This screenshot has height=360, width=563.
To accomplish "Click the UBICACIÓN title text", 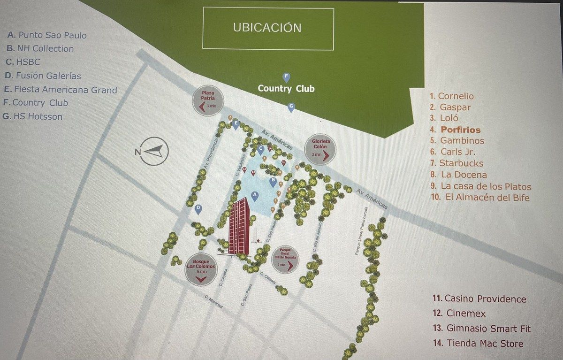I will pyautogui.click(x=267, y=28).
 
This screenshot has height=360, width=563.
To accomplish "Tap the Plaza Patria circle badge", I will pyautogui.click(x=208, y=102).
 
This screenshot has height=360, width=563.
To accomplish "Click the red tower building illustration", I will pyautogui.click(x=239, y=227).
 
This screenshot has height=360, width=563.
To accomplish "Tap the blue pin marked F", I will pyautogui.click(x=286, y=77).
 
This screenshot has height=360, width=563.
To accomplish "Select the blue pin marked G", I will pyautogui.click(x=291, y=107).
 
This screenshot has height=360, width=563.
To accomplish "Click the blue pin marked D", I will pyautogui.click(x=198, y=209).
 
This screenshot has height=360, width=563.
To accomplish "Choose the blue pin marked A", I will pyautogui.click(x=255, y=196).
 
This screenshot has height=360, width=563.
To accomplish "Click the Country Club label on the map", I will pyautogui.click(x=286, y=89).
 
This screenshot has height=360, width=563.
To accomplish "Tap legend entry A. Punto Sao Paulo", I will pyautogui.click(x=47, y=35).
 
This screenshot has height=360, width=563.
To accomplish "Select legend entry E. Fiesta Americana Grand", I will pyautogui.click(x=60, y=90).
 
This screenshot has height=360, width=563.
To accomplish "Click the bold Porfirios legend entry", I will pyautogui.click(x=455, y=130).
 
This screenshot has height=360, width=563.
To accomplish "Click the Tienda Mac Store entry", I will pyautogui.click(x=478, y=344).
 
